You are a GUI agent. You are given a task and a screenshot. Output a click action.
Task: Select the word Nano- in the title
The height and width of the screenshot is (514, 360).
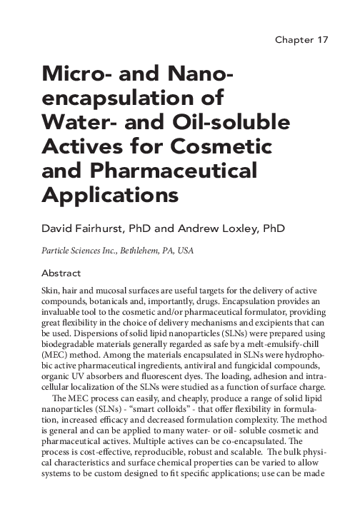pyautogui.click(x=194, y=75)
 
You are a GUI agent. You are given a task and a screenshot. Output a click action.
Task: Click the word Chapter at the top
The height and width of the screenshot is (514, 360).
pyautogui.click(x=293, y=39)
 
